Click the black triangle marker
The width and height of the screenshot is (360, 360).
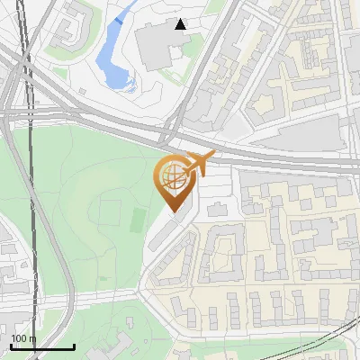coord(181,24)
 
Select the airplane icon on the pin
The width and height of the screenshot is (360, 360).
coord(199,165)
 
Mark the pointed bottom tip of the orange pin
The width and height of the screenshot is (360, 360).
coord(173,212)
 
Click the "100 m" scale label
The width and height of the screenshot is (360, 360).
coord(23,338)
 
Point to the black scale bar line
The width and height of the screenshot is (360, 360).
coord(42,346)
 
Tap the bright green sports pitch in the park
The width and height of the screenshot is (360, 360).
coord(138,219)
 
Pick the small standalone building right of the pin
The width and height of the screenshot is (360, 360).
coord(217,210)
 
